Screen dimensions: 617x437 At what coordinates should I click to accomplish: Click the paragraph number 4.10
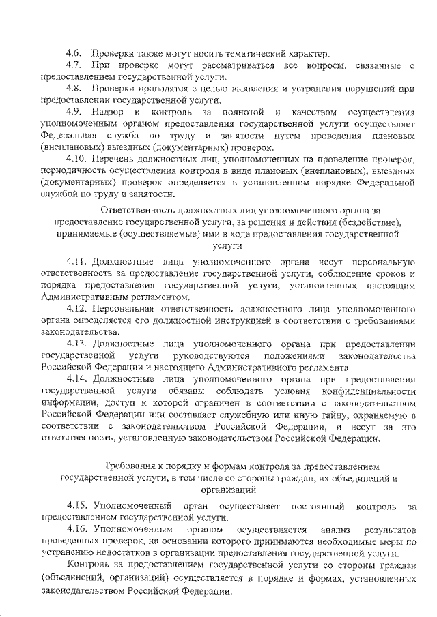76,158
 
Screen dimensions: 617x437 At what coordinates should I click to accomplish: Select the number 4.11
76,262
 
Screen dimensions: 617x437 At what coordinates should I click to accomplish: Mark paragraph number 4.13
76,344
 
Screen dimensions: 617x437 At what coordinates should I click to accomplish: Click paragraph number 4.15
76,506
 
